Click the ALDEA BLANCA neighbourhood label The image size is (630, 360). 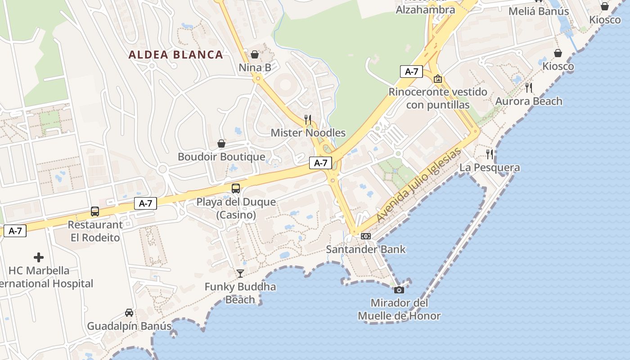coord(175,55)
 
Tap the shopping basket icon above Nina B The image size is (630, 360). coord(255,54)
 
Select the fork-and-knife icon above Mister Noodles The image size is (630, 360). coord(308,119)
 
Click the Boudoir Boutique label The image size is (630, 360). coord(221,157)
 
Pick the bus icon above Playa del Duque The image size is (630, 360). coord(236,189)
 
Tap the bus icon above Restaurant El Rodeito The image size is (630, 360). coord(95,211)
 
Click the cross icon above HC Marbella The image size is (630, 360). coord(39,257)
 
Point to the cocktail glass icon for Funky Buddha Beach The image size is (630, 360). coord(240,273)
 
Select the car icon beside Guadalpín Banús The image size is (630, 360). coord(129,313)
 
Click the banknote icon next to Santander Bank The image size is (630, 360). coord(366,236)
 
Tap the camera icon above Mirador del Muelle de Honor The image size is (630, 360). coord(399,290)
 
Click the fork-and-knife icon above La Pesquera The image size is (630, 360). coord(490,154)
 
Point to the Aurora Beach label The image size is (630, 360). coord(529,101)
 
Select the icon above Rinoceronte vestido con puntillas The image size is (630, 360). coord(437,79)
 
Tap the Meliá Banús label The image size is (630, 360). coord(539,11)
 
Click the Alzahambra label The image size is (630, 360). coord(425,9)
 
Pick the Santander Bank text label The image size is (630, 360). coord(366,249)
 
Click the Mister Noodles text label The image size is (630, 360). coord(308,133)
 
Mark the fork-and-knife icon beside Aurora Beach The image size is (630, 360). coord(529,88)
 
